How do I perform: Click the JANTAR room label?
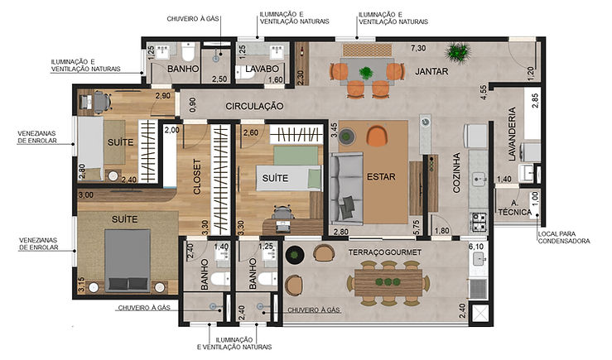coord(432,72)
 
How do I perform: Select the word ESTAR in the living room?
coord(382,175)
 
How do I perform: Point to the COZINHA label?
coord(455,174)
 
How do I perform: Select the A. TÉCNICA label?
coord(514,208)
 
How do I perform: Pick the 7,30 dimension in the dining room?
coord(419,49)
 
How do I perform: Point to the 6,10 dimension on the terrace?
coord(475,247)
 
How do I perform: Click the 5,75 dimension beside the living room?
coord(416,222)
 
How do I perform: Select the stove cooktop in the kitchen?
coord(479,221)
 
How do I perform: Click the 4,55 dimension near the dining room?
coord(482,91)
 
